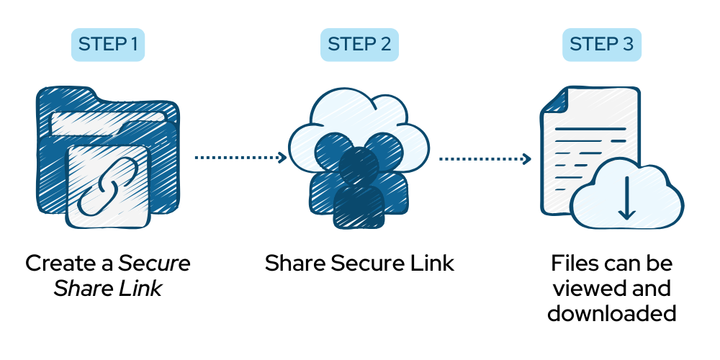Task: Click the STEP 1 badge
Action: [108, 45]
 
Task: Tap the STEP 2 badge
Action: [359, 45]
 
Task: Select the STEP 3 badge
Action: [602, 45]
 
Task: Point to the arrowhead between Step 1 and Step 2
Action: [282, 157]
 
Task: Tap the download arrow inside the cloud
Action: [626, 196]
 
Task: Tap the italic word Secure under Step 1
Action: [155, 264]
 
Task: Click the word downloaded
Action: [612, 314]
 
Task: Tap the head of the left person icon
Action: [330, 148]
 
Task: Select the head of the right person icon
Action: [390, 148]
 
